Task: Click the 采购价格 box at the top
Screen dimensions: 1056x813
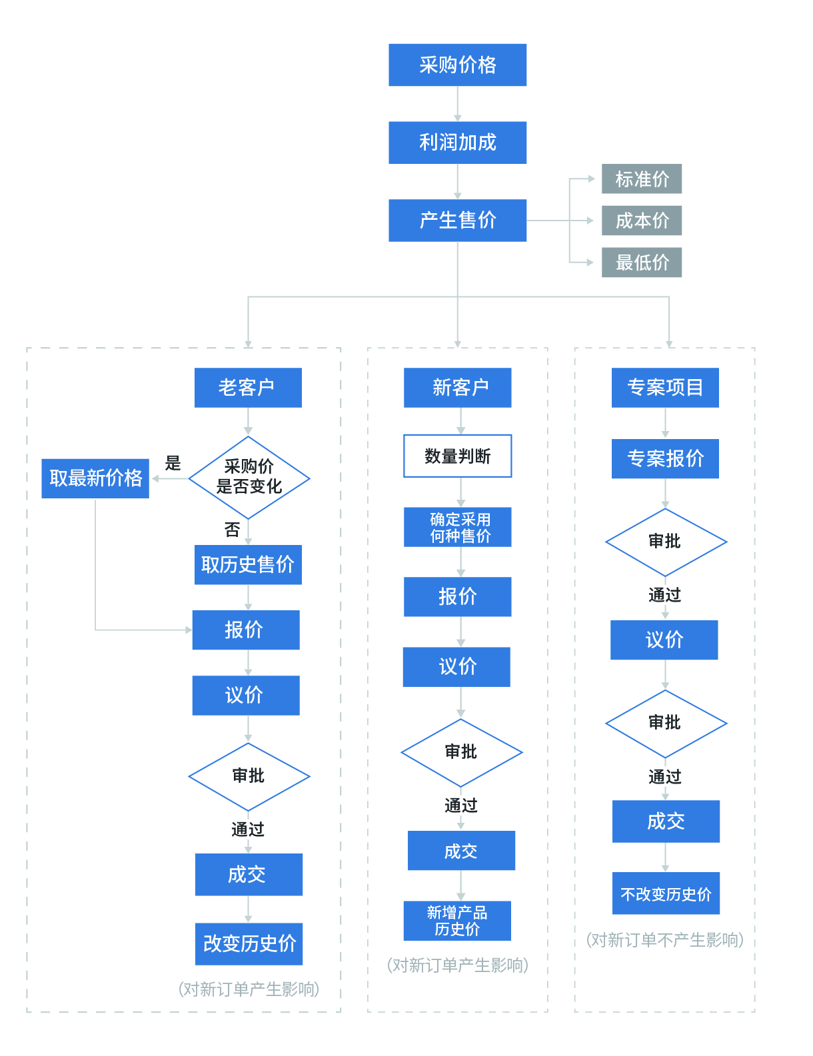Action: point(457,65)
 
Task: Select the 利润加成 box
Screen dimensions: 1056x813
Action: point(457,142)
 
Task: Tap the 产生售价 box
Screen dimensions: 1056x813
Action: point(457,220)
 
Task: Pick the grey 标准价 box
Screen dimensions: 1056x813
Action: point(641,179)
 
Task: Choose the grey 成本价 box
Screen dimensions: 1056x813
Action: point(641,221)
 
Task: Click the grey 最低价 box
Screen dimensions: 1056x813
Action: point(641,263)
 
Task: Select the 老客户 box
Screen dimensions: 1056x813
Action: point(248,387)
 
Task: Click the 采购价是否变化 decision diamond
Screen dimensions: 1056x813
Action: point(249,477)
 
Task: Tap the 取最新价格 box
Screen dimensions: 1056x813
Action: point(95,478)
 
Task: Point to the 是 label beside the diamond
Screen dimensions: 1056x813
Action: point(173,463)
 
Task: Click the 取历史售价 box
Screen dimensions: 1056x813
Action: point(248,564)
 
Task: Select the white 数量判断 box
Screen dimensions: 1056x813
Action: point(457,456)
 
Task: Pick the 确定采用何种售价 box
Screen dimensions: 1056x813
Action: point(457,527)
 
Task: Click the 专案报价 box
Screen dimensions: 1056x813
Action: point(665,458)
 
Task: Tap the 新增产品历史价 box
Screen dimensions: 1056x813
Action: point(457,921)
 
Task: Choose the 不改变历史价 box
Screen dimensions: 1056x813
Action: point(666,893)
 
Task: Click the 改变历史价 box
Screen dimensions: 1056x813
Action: point(249,943)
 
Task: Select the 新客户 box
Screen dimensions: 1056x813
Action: point(457,387)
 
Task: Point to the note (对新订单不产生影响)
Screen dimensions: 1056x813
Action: point(664,940)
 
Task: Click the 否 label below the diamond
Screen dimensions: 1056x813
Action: point(232,530)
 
